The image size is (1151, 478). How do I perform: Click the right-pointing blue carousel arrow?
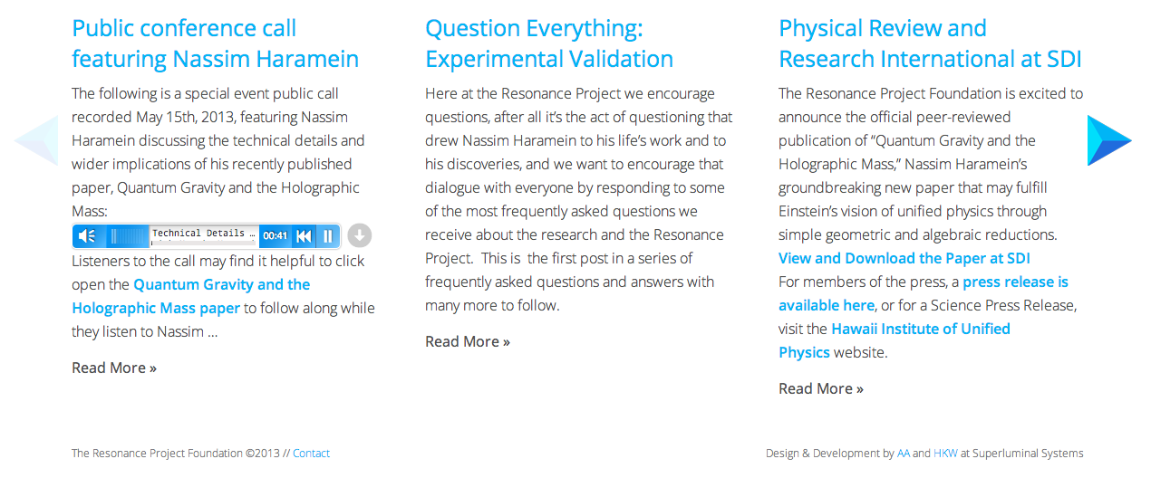click(1107, 140)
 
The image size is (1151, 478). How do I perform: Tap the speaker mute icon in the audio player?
click(87, 235)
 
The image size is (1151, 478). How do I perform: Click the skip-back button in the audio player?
click(304, 235)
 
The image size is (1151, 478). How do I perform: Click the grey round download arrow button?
click(359, 235)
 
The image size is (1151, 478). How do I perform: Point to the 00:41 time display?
click(275, 235)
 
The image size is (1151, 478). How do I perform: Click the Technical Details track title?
click(198, 233)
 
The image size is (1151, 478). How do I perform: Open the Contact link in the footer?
click(311, 454)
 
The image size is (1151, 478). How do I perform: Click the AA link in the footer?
click(904, 454)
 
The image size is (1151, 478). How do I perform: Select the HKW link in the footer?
click(945, 454)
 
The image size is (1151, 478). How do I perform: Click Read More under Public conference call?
click(114, 368)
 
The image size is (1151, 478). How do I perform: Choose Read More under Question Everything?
click(468, 341)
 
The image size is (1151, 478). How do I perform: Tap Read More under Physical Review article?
click(821, 388)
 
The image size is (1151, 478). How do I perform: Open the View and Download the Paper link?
click(904, 258)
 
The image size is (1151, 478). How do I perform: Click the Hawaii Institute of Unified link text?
click(921, 329)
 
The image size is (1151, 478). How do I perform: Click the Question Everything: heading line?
click(534, 29)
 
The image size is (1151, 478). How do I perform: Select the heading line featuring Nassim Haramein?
click(216, 59)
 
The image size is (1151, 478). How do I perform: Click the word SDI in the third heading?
click(1064, 59)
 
